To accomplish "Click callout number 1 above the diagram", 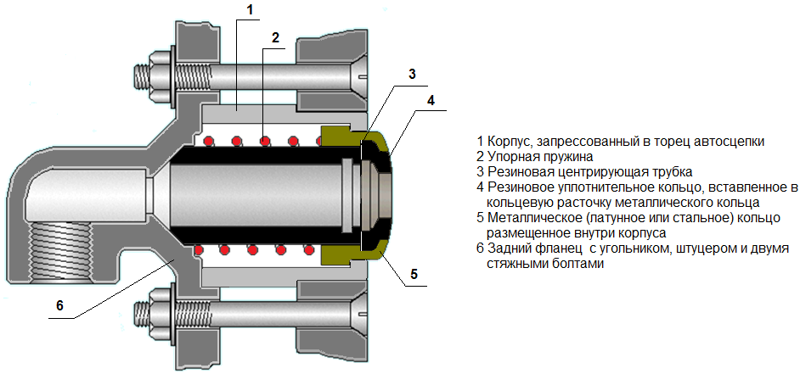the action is coord(250,9).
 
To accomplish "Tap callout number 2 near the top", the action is coord(275,37).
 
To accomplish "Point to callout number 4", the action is coord(431,100).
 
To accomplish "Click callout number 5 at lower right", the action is coord(414,274).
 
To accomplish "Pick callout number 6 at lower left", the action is coord(59,305).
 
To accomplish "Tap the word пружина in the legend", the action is coord(568,155).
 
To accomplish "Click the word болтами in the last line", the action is coord(584,265).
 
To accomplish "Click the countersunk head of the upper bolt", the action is coord(359,77).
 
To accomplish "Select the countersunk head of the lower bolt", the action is coord(359,310).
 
